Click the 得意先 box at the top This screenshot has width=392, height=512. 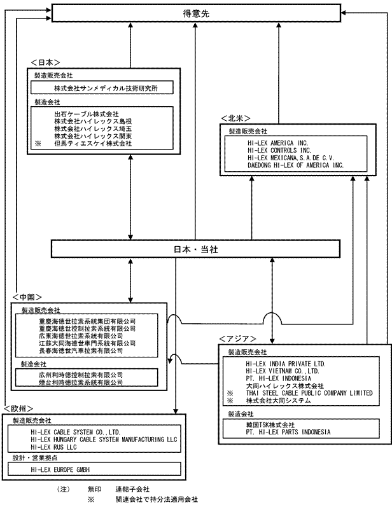196,12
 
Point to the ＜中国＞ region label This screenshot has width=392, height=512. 27,297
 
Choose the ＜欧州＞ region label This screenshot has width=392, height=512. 18,408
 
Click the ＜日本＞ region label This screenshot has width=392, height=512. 45,62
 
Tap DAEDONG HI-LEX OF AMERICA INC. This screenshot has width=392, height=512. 296,165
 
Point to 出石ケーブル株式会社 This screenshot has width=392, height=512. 87,114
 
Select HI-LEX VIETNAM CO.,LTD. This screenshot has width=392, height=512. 282,370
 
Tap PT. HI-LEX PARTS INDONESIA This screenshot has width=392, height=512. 288,432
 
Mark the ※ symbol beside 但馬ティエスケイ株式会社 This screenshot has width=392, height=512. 38,144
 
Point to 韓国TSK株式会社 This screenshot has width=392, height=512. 270,424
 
